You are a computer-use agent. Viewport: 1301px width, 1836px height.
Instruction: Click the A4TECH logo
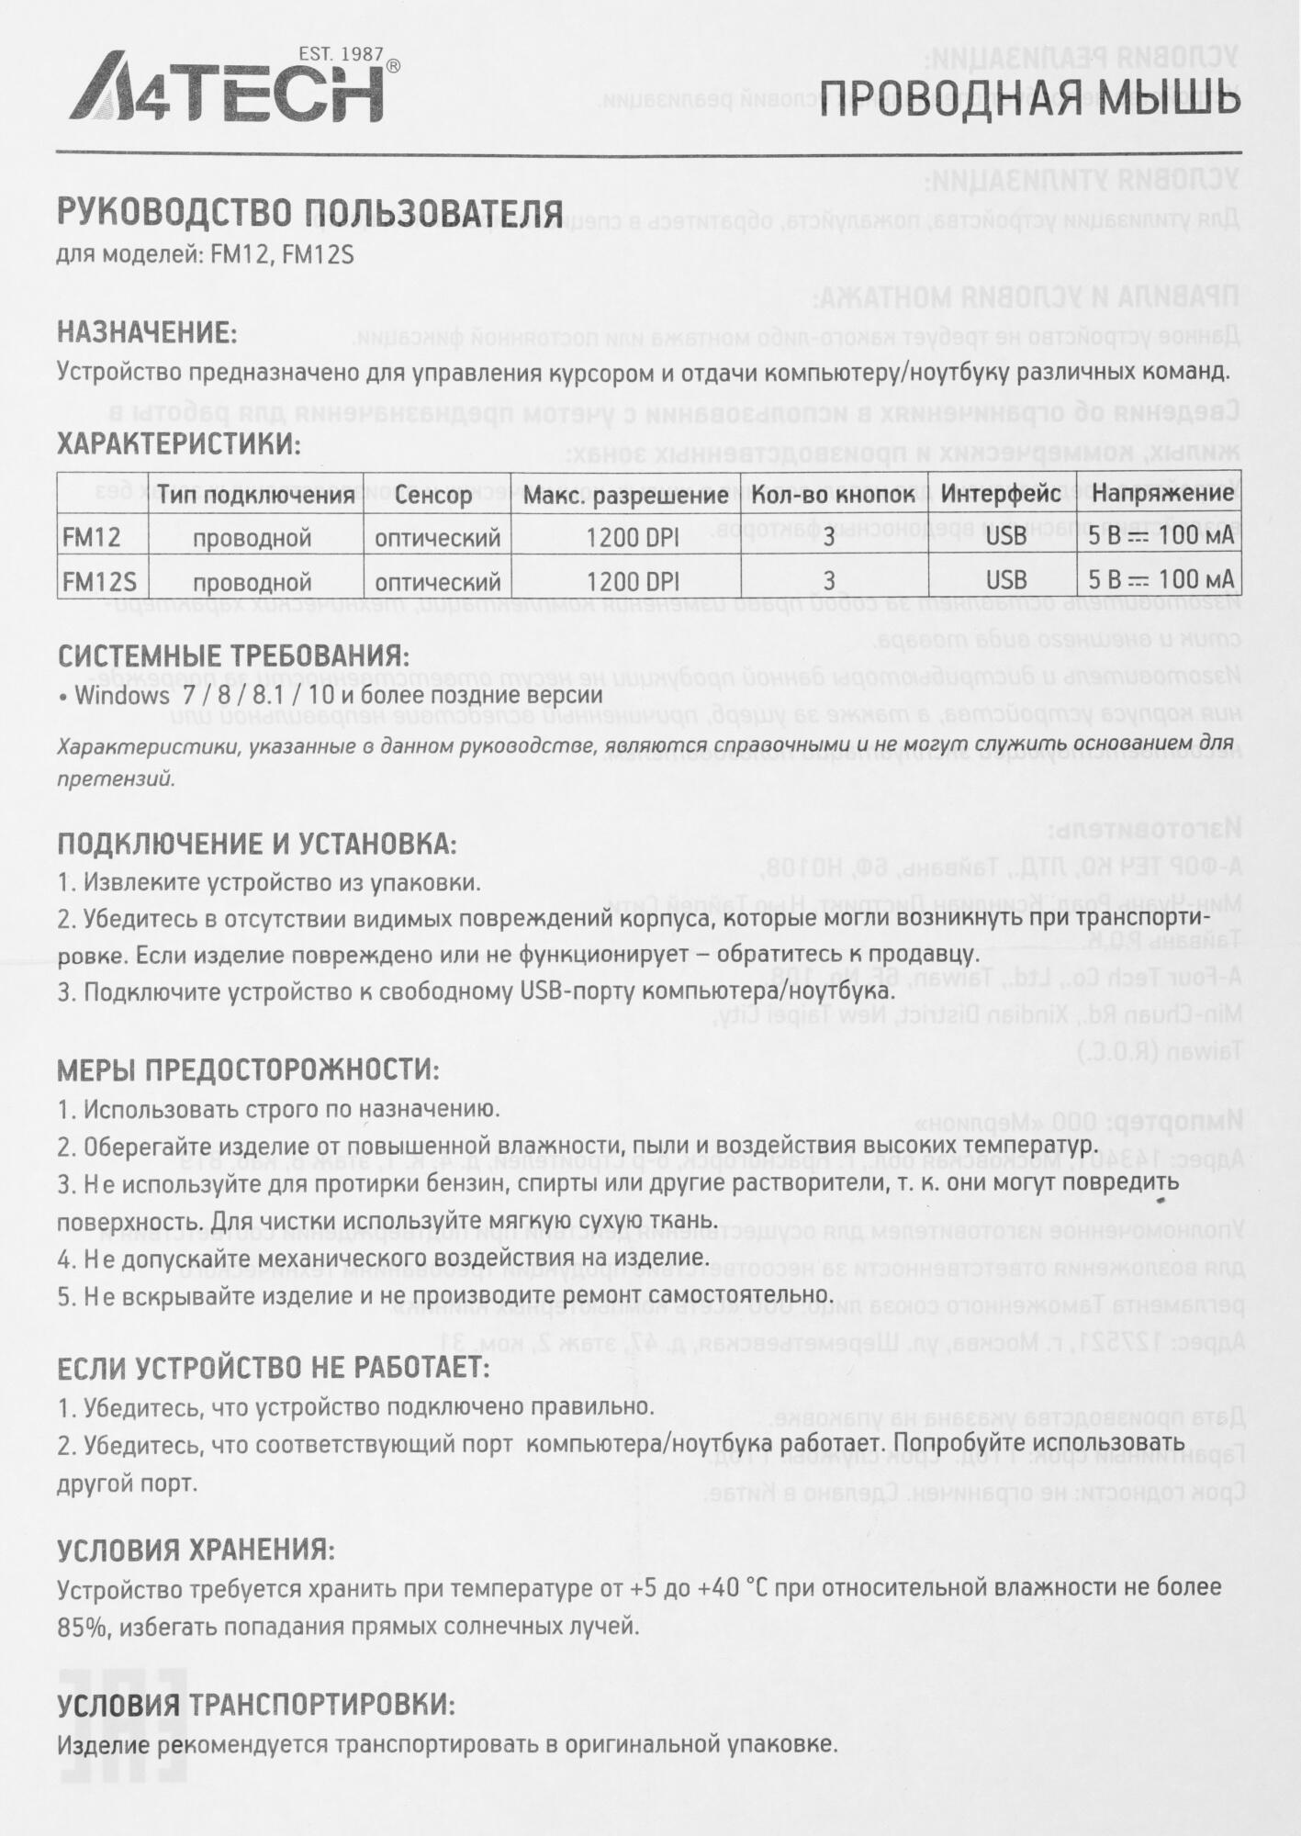227,93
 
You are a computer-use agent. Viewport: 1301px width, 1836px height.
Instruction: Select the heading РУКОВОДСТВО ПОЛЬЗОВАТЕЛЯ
309,214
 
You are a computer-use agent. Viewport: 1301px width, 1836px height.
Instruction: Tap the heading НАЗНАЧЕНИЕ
147,331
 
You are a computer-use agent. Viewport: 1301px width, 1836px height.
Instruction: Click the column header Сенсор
433,495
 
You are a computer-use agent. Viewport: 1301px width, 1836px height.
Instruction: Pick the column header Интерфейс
1001,494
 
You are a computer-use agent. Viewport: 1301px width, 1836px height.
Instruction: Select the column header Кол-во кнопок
833,494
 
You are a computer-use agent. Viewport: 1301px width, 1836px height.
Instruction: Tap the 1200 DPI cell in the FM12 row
633,537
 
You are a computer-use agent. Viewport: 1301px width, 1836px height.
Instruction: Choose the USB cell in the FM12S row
1006,580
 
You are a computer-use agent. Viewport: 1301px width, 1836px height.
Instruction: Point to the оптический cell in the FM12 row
437,537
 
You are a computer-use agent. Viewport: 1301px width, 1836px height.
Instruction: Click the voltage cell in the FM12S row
1161,580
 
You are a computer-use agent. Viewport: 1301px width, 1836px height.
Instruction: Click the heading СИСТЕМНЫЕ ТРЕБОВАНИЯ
233,657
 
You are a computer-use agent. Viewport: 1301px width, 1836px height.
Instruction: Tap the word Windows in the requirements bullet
122,695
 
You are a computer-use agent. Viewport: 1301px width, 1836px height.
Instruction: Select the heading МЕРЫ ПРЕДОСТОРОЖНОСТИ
248,1069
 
